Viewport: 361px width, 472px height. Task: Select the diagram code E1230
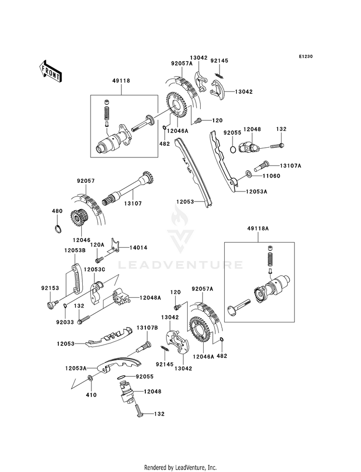306,56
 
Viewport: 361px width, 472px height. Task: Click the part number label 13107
133,204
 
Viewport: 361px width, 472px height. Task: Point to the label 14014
139,248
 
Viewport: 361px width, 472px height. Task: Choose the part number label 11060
271,176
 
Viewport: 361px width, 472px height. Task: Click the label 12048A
150,298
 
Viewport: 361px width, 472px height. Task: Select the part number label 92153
50,288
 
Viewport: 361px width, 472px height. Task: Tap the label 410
91,395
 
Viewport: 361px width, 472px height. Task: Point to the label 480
57,211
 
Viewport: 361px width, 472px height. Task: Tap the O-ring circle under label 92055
233,149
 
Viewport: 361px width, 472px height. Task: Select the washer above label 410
90,378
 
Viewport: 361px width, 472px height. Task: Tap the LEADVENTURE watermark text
180,265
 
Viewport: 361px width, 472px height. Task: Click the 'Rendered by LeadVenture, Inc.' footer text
180,467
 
